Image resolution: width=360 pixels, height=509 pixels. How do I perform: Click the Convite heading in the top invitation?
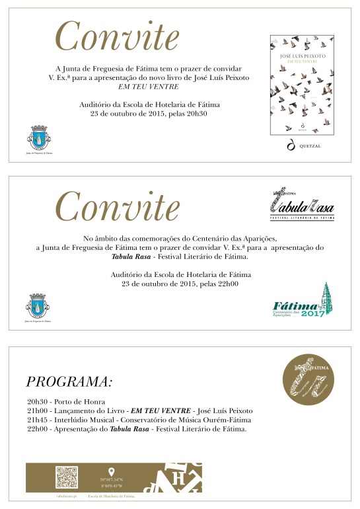[x=116, y=36]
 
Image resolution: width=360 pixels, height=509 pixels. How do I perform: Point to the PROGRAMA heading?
[x=69, y=382]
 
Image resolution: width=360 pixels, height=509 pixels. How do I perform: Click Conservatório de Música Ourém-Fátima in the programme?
[x=194, y=420]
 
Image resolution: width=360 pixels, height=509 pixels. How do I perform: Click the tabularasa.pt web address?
[x=67, y=494]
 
